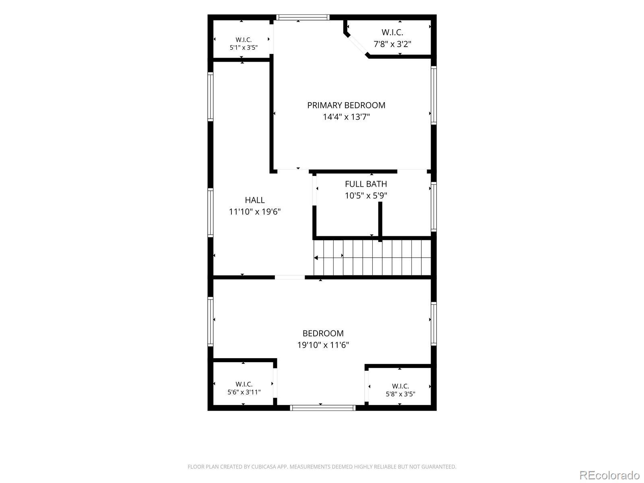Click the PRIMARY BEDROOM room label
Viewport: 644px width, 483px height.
pyautogui.click(x=346, y=105)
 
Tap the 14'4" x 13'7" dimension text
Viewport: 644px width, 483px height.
pyautogui.click(x=346, y=117)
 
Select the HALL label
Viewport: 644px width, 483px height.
pyautogui.click(x=255, y=200)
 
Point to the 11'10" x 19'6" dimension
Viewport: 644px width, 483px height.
pyautogui.click(x=255, y=212)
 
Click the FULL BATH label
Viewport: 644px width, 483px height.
pyautogui.click(x=366, y=184)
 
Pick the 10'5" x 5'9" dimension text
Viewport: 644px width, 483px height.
pyautogui.click(x=366, y=196)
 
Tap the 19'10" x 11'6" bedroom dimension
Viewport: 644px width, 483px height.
pyautogui.click(x=323, y=345)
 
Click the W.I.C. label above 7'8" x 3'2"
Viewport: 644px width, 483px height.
pyautogui.click(x=392, y=32)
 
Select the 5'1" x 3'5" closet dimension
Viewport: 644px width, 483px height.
pyautogui.click(x=244, y=47)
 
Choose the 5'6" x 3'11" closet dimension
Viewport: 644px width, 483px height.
pyautogui.click(x=244, y=392)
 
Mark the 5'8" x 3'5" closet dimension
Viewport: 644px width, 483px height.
pyautogui.click(x=400, y=394)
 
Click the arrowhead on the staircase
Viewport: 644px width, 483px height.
pyautogui.click(x=316, y=258)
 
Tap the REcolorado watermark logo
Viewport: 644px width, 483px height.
pyautogui.click(x=610, y=475)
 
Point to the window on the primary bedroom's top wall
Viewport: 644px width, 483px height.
pyautogui.click(x=303, y=17)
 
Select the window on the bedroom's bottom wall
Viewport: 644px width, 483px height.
pyautogui.click(x=323, y=408)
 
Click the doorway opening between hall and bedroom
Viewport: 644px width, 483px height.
pyautogui.click(x=289, y=277)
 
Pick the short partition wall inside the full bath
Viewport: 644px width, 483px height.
pyautogui.click(x=380, y=222)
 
